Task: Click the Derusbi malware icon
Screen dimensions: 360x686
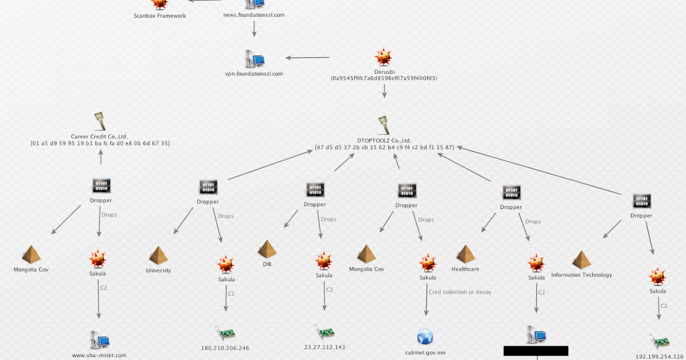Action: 384,58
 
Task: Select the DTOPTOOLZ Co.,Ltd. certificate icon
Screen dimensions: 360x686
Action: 384,126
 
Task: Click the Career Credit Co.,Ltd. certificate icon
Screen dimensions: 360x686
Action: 100,122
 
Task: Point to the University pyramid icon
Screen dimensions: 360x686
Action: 158,255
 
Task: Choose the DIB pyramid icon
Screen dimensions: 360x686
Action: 267,249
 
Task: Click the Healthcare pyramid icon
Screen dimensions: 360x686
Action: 465,254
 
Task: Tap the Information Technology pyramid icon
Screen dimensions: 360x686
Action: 581,260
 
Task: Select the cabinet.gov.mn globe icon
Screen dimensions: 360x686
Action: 425,337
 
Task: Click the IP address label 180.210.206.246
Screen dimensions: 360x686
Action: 225,347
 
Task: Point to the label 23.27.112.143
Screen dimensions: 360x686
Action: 325,346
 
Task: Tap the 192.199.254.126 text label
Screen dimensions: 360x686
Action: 660,356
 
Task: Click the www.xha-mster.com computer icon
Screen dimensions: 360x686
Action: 99,340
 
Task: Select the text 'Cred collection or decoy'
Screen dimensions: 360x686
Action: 460,292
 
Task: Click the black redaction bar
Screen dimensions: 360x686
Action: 536,351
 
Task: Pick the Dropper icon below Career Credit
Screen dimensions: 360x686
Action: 101,186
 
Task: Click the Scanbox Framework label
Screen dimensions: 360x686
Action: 160,16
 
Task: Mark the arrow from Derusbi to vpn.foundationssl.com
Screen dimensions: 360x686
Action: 308,57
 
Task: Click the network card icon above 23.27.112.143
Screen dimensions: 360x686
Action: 324,331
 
